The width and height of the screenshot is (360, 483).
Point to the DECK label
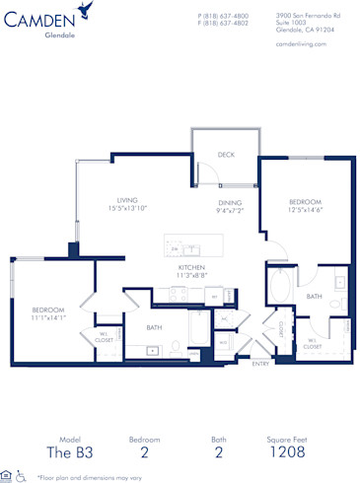tap(226, 155)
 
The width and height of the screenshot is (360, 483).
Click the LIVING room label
tap(127, 199)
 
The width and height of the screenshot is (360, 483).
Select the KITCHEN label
tap(191, 267)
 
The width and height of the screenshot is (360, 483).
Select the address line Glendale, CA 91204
tap(305, 30)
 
